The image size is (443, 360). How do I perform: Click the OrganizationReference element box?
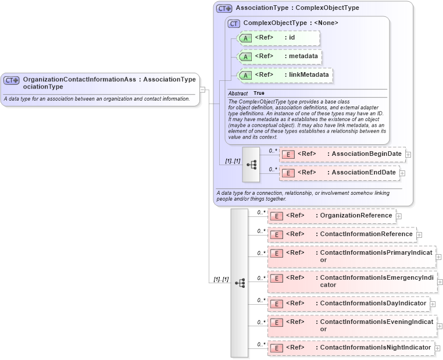(331, 216)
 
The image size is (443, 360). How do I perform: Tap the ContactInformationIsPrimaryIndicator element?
(351, 256)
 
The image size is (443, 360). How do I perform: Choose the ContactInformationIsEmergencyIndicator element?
(352, 281)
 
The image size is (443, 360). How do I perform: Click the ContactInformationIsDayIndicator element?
(348, 304)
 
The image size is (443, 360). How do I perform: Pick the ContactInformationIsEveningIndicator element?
(352, 326)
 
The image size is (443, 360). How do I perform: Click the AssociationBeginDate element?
(342, 154)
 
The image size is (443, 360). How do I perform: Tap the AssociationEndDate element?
(339, 173)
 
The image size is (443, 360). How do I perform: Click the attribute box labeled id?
(279, 38)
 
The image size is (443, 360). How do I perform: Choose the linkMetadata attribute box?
(285, 75)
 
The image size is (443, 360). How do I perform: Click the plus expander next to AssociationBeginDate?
(409, 155)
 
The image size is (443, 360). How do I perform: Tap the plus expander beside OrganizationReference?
(399, 216)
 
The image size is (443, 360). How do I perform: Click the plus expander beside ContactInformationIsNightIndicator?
(438, 348)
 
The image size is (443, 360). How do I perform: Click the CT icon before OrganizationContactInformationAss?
(12, 80)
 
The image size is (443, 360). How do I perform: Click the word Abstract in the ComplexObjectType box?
(238, 93)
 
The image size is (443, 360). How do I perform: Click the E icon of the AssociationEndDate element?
(288, 173)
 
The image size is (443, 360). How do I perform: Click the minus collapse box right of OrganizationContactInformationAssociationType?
(203, 90)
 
